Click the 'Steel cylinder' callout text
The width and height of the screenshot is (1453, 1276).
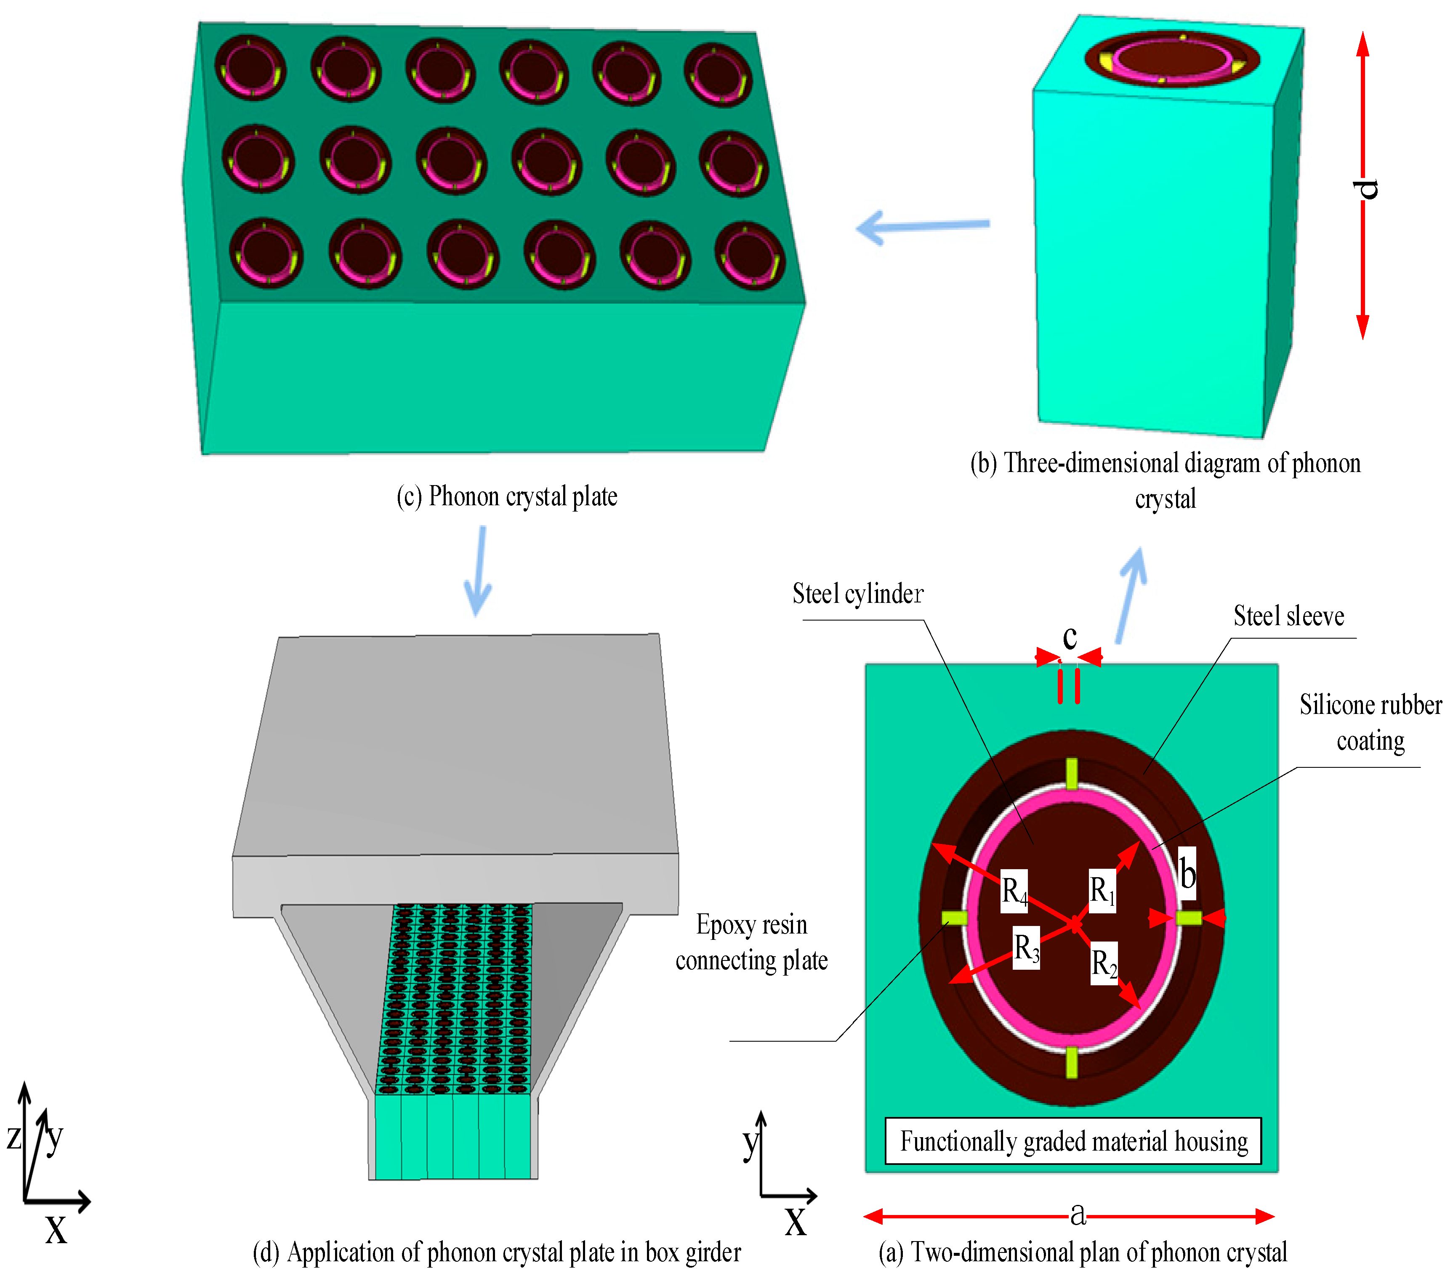pos(857,593)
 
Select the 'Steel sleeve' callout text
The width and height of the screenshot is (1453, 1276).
pos(1288,615)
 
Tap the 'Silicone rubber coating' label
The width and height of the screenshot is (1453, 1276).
pos(1370,722)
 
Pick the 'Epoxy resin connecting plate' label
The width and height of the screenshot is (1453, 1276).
pos(751,942)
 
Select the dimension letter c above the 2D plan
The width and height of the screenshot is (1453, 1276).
pos(1069,637)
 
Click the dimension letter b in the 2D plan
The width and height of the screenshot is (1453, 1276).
pos(1187,873)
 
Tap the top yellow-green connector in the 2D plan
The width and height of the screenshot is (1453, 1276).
pos(1071,774)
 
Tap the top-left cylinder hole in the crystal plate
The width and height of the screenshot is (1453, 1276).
pos(250,67)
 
